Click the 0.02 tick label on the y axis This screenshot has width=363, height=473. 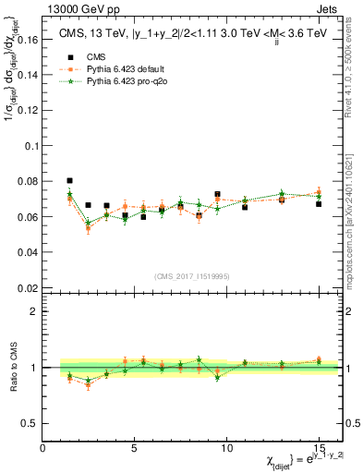[30, 287]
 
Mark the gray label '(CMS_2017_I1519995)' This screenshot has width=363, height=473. [191, 276]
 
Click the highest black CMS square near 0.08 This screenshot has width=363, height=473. [70, 181]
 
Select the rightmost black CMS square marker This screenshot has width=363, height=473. [318, 204]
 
